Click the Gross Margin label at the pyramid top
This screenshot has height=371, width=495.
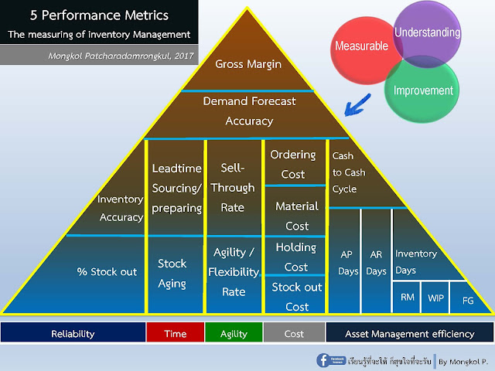click(248, 64)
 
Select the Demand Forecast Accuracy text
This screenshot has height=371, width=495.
click(248, 111)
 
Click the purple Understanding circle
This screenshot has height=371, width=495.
click(428, 33)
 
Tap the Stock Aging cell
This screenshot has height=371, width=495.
click(172, 273)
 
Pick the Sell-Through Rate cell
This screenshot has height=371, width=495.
click(232, 187)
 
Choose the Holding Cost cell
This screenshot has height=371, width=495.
click(295, 257)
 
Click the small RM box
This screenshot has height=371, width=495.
click(406, 298)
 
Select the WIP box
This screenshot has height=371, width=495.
click(435, 298)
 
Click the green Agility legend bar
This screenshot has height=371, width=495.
click(234, 334)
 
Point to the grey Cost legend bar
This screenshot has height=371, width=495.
click(293, 334)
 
